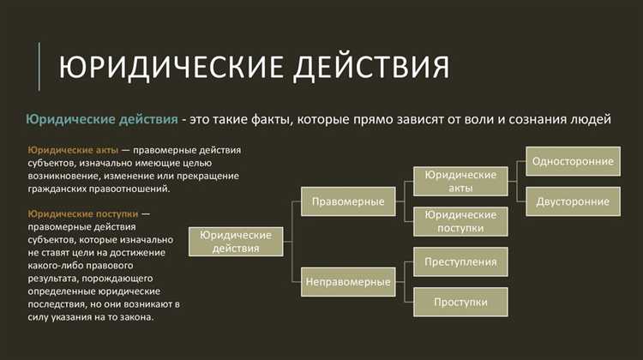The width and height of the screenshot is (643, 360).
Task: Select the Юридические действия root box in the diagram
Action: [236, 241]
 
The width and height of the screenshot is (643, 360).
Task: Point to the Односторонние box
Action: [573, 161]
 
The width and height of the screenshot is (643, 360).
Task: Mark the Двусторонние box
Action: [573, 201]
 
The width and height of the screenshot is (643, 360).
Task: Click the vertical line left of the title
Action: [39, 67]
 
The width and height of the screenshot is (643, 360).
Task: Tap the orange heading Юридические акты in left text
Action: [72, 149]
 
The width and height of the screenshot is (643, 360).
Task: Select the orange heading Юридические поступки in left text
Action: [80, 213]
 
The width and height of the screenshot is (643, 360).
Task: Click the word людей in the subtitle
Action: [591, 119]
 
